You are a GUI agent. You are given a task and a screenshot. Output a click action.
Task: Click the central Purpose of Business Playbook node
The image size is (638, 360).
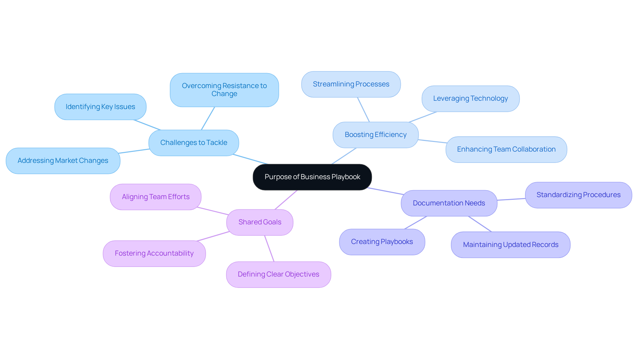click(312, 177)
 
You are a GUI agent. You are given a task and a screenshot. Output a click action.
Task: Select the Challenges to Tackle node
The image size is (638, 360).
click(194, 143)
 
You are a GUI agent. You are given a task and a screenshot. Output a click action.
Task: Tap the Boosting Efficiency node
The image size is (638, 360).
click(375, 135)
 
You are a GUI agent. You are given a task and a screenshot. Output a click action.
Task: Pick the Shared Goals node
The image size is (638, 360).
click(260, 222)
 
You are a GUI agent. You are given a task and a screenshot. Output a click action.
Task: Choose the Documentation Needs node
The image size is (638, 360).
click(449, 203)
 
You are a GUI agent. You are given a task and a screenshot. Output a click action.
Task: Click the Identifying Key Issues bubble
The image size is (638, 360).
click(100, 107)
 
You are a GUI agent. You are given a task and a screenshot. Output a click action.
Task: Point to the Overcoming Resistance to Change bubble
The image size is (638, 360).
click(224, 90)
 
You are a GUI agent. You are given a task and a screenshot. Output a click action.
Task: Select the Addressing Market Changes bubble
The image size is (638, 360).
click(63, 161)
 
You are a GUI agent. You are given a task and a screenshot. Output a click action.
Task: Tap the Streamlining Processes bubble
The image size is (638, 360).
click(351, 84)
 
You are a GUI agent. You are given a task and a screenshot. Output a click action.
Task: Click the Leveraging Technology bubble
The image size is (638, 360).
click(470, 99)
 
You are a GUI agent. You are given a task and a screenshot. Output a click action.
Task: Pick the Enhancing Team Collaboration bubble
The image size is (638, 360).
click(506, 150)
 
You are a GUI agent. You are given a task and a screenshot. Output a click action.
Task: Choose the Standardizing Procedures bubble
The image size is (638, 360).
click(578, 195)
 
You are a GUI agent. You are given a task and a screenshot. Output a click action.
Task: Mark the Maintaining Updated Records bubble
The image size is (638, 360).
click(510, 245)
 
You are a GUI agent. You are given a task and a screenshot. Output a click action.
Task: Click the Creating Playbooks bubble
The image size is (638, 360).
click(382, 242)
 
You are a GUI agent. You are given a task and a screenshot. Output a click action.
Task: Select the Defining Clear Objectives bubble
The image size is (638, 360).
click(278, 275)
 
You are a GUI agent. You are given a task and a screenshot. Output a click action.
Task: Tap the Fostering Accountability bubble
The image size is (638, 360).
click(154, 254)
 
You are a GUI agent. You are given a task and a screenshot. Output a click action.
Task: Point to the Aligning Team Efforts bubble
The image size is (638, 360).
click(156, 197)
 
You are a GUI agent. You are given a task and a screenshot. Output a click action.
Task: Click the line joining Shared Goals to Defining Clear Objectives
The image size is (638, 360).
click(269, 249)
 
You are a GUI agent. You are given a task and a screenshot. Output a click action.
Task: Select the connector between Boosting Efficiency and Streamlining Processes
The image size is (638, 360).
click(363, 110)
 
